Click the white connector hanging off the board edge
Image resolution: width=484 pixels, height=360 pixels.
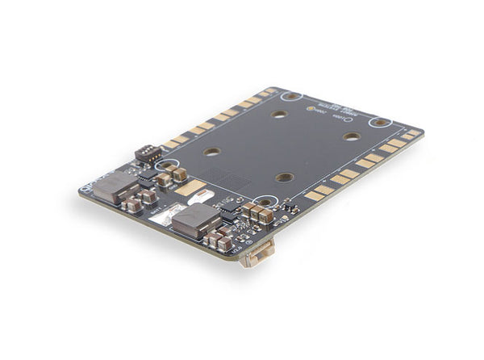coord(256,254)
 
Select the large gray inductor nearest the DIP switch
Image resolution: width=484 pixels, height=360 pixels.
coord(116,186)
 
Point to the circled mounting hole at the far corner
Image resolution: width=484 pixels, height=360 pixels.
coord(290,96)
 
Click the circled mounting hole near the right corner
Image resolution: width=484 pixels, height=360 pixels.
coord(379,123)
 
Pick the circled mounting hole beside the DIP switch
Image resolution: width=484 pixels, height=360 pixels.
coord(168,165)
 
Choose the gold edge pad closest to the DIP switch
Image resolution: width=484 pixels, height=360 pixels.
coord(171,145)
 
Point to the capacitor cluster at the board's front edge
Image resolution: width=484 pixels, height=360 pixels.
coord(218,240)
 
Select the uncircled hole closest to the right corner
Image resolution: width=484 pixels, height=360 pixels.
coord(351,136)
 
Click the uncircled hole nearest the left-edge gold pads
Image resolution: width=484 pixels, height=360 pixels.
coord(211,151)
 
